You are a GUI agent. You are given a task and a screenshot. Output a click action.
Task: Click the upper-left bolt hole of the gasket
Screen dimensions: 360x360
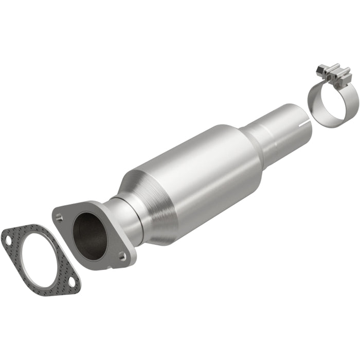pyautogui.click(x=7, y=239)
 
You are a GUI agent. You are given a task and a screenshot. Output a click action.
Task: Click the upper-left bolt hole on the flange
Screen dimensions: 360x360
pyautogui.click(x=61, y=217)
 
